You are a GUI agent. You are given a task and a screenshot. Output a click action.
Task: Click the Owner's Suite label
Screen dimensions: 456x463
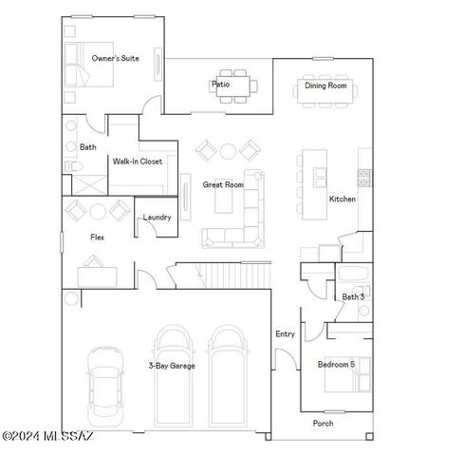click(x=116, y=59)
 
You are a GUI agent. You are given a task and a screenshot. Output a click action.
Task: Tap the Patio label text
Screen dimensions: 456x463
click(x=220, y=85)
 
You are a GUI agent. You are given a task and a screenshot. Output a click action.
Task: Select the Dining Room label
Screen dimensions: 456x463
click(x=325, y=85)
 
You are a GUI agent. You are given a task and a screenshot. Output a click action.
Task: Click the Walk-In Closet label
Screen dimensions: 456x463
click(x=138, y=161)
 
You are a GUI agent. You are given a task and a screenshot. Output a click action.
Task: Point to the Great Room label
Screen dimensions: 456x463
click(x=223, y=184)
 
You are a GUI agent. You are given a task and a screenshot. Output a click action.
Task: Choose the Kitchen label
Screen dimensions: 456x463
click(x=343, y=199)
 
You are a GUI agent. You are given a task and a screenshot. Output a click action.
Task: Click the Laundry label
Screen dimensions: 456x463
click(x=157, y=218)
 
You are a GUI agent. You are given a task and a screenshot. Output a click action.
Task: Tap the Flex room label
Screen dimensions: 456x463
click(x=97, y=237)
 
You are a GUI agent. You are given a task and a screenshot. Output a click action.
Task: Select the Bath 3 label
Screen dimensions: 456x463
click(x=354, y=297)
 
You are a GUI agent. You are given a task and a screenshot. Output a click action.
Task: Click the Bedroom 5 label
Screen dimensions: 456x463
click(x=337, y=365)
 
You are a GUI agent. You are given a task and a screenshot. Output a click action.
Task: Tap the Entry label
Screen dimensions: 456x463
click(x=285, y=333)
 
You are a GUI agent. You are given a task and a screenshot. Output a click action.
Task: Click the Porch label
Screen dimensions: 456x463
click(x=324, y=423)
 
